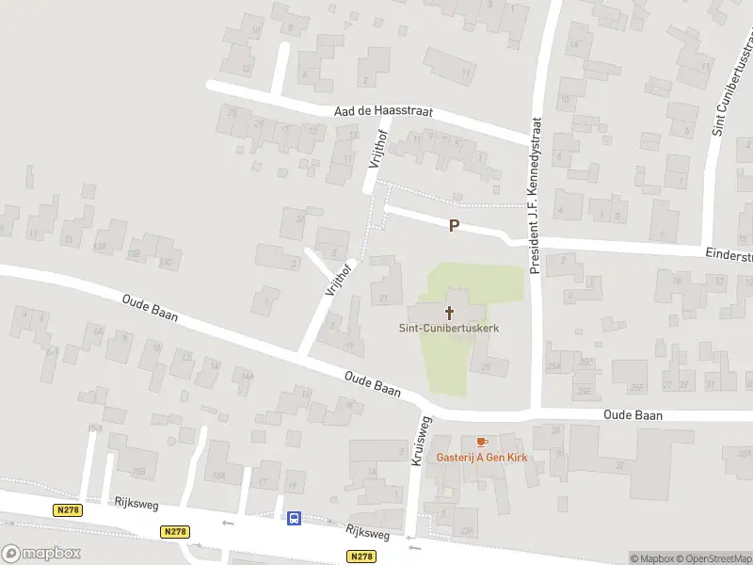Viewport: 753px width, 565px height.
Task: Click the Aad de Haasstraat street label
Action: click(x=383, y=111)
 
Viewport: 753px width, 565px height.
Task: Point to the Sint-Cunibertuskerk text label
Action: click(x=447, y=328)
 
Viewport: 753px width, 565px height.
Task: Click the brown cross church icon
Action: click(x=449, y=312)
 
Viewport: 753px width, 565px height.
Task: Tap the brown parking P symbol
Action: click(x=454, y=226)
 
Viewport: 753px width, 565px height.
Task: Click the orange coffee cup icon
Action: click(x=482, y=442)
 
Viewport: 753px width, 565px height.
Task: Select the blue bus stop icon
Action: click(x=294, y=517)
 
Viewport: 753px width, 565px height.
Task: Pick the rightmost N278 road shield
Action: click(x=361, y=557)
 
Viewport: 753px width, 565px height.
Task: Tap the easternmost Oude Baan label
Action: click(x=633, y=415)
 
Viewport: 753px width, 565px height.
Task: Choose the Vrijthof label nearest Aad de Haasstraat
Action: click(x=376, y=148)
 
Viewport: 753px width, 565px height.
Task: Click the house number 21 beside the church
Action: click(x=383, y=299)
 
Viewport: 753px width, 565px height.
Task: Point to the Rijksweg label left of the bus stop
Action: click(x=134, y=503)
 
